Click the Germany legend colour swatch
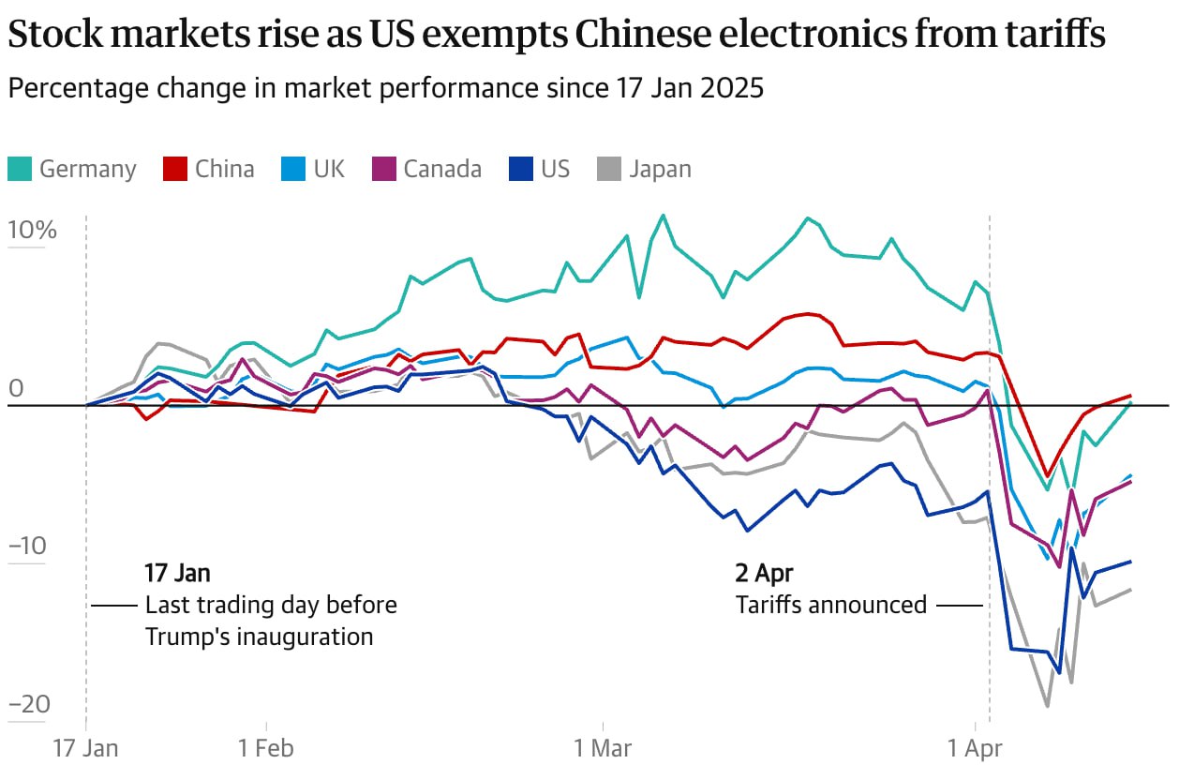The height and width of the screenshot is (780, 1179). (20, 169)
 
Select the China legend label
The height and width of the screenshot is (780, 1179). (225, 169)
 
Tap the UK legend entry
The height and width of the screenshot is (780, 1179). (329, 169)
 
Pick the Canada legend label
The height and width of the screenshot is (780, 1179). (442, 169)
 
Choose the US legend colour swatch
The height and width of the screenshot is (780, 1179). (520, 169)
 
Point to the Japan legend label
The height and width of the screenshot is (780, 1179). (660, 169)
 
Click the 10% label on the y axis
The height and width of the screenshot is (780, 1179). (33, 231)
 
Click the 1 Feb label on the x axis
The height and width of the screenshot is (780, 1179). (266, 748)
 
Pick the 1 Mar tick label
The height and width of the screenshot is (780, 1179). (604, 748)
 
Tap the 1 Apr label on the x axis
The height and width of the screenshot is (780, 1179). (976, 748)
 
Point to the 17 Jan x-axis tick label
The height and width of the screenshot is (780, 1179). (86, 748)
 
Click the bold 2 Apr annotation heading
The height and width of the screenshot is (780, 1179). (764, 573)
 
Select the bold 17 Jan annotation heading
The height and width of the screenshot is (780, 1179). (177, 573)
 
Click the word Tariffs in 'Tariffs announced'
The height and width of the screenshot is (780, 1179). (768, 605)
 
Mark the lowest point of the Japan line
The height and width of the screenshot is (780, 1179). (1047, 706)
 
